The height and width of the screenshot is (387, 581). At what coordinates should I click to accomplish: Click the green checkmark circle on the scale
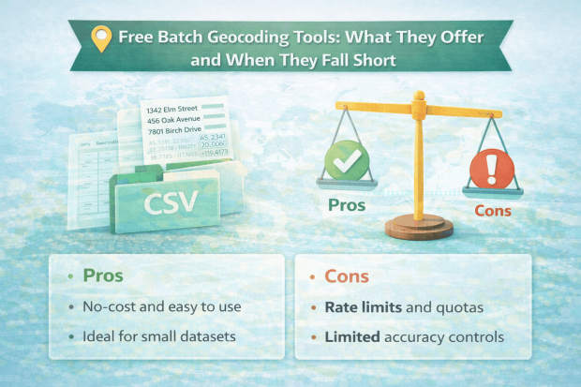coord(346,161)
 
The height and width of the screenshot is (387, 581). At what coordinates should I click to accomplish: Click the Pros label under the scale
coord(346,203)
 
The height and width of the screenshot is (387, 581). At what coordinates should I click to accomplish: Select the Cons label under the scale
coord(491,211)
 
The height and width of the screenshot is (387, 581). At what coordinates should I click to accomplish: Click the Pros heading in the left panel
coord(103,276)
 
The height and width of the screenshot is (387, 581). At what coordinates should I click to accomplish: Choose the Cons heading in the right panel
coord(347,276)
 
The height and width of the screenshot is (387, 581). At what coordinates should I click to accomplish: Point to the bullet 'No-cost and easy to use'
coord(156,306)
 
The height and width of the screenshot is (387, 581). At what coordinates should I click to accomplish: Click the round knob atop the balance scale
coord(418,97)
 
